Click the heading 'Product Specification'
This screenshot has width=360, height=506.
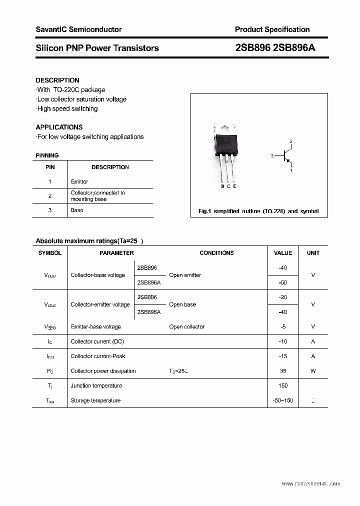click(272, 29)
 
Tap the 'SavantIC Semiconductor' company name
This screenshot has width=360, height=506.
click(78, 29)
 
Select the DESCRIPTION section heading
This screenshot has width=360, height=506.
click(57, 80)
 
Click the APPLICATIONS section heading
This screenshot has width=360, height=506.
click(59, 127)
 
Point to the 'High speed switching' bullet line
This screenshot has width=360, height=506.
click(67, 108)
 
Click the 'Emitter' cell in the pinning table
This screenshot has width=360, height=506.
click(79, 181)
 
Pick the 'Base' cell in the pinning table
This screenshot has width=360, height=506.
click(77, 210)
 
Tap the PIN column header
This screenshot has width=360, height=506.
click(50, 167)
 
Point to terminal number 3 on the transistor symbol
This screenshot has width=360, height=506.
click(272, 156)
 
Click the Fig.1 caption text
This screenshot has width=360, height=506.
click(258, 211)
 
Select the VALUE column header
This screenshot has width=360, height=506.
click(283, 253)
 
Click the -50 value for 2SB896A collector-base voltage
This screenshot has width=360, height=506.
click(283, 282)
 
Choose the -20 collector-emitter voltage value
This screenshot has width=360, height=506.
click(283, 297)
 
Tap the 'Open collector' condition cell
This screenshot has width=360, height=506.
click(187, 327)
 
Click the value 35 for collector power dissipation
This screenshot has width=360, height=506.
click(283, 371)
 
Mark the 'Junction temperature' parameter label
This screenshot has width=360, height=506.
click(96, 385)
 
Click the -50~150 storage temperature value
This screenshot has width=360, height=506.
click(283, 400)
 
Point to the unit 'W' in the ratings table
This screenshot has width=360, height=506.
click(313, 371)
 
